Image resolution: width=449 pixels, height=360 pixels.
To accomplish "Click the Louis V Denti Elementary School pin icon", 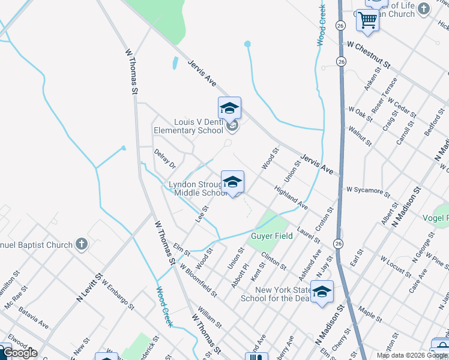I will (229, 109).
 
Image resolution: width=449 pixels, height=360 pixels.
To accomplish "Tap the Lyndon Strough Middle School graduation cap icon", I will (232, 181).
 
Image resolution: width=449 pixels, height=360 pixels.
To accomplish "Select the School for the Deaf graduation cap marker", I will (322, 292).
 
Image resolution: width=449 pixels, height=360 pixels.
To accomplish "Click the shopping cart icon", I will (367, 20).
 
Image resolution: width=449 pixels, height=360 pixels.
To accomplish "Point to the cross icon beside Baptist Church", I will (82, 245).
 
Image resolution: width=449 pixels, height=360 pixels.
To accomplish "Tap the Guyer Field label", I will (272, 236).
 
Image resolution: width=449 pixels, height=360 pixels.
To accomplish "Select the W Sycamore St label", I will (368, 191).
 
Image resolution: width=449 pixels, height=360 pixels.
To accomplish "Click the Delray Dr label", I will (164, 159).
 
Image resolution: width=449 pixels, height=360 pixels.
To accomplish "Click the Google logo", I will (20, 353).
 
